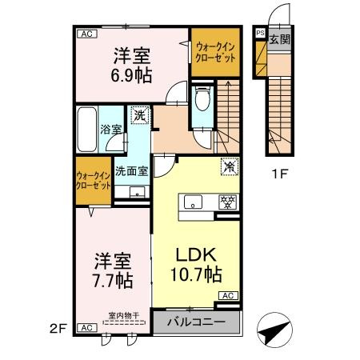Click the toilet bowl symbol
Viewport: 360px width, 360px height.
[202, 99]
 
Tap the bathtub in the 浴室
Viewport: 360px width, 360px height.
[87, 130]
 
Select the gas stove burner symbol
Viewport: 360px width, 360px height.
[227, 202]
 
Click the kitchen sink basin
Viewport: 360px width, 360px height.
[193, 202]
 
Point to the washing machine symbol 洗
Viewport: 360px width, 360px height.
[139, 115]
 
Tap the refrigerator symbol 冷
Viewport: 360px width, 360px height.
[229, 167]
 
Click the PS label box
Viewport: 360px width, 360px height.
[260, 33]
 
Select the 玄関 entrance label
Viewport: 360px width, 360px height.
[279, 40]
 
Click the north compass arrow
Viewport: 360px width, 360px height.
[274, 330]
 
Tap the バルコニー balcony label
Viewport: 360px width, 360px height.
[196, 322]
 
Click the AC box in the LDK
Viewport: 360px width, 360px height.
[228, 296]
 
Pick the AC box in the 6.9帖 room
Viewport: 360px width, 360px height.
[87, 34]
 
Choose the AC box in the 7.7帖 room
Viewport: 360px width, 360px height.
[87, 327]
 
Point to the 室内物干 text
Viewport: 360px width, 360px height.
[124, 316]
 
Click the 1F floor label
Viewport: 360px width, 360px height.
[279, 174]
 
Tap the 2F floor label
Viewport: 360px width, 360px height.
[58, 329]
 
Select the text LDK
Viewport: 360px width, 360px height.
[196, 254]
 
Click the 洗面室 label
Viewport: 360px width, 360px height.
[131, 171]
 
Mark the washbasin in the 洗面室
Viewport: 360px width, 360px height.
[138, 192]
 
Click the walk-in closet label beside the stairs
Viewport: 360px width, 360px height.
[215, 53]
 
